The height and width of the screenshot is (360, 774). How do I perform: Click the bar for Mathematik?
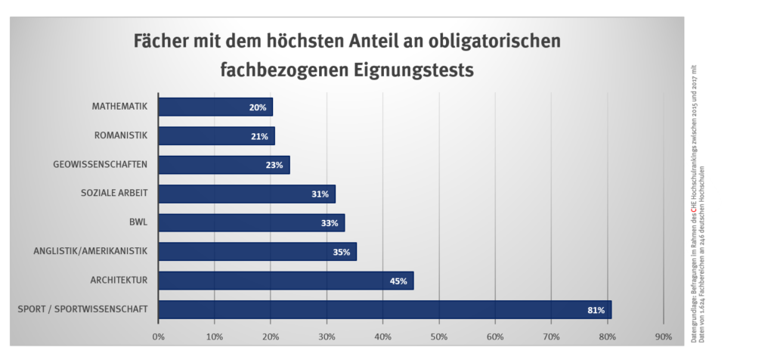(215, 107)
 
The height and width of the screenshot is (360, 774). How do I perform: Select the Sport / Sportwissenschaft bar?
(385, 309)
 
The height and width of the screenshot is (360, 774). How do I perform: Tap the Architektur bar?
(286, 281)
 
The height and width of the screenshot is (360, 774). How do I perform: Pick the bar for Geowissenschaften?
(224, 165)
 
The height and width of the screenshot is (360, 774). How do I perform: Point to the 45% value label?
(398, 281)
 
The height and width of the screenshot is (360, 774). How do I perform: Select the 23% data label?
(274, 166)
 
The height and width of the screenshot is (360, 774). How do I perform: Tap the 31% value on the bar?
(319, 194)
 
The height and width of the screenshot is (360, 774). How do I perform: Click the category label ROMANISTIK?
(120, 135)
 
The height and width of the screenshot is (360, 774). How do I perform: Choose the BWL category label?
(138, 222)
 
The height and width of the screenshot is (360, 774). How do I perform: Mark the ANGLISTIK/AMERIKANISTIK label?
(90, 251)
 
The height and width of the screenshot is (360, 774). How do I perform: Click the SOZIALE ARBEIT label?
(113, 194)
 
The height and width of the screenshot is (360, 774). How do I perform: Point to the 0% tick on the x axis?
(158, 336)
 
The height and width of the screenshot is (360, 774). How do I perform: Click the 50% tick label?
(439, 336)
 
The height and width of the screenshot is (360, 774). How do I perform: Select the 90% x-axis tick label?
(664, 336)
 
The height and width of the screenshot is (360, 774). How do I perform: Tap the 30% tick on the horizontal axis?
(327, 336)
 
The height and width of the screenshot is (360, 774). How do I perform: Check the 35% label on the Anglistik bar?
(341, 253)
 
